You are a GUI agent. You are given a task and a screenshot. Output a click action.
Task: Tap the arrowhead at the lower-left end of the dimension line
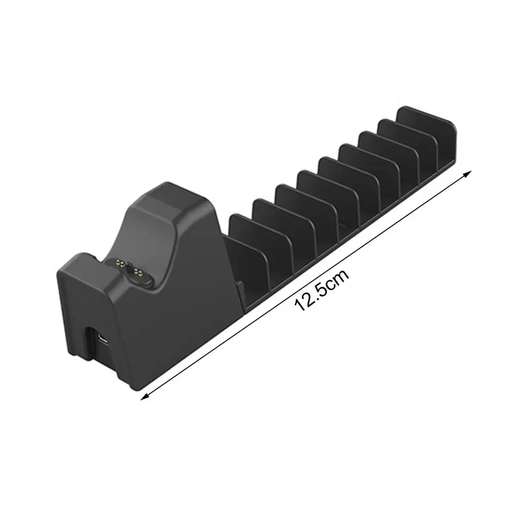tap(143, 397)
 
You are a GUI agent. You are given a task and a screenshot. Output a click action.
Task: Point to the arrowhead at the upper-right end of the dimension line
tap(468, 173)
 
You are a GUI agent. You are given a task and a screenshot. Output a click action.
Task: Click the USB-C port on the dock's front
tap(102, 339)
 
